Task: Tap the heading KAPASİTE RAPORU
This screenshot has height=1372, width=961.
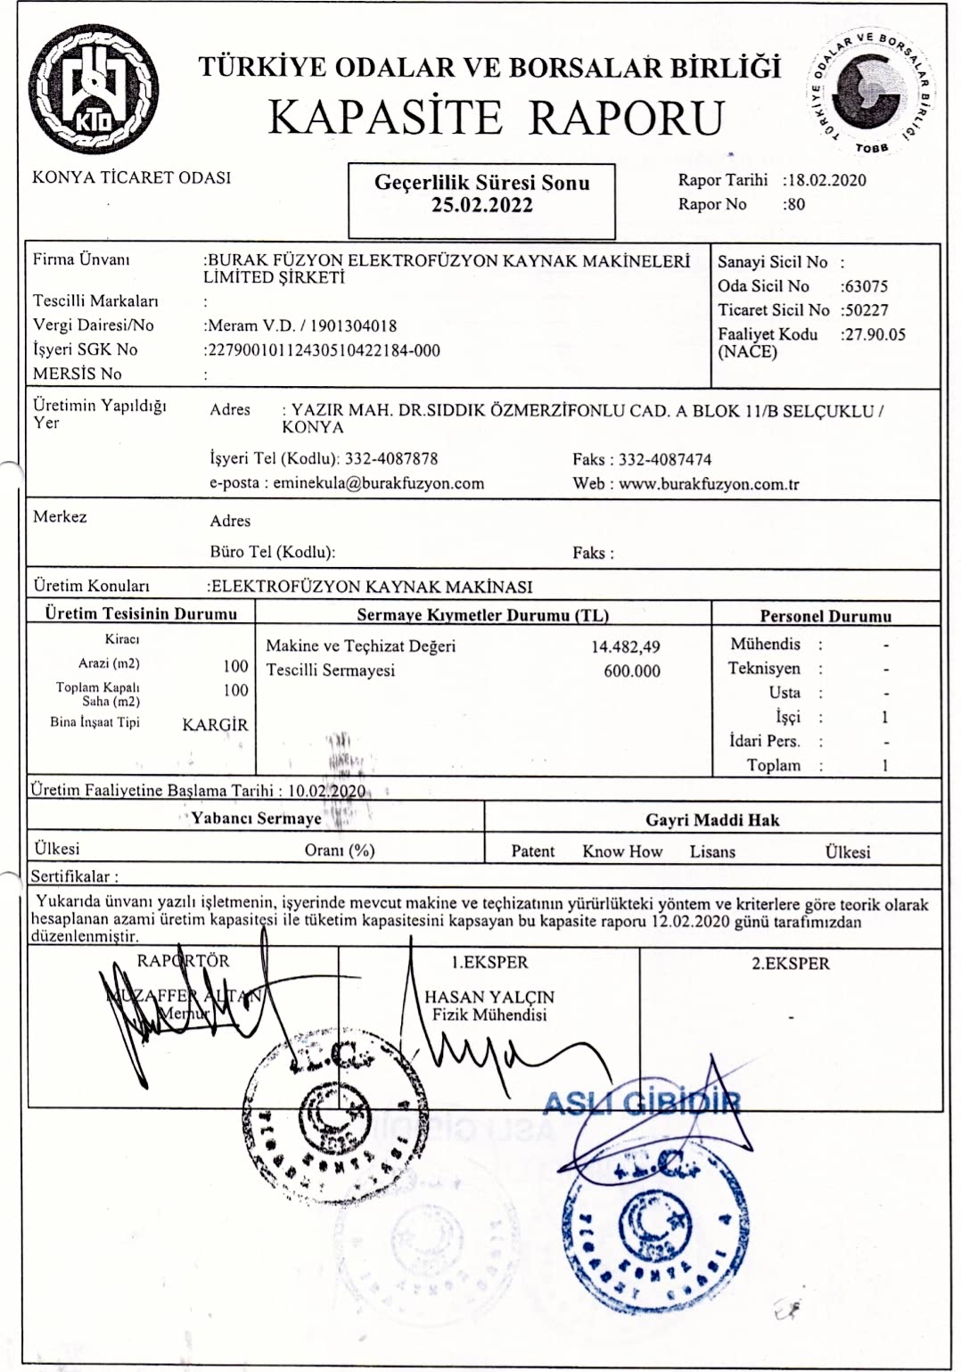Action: [497, 117]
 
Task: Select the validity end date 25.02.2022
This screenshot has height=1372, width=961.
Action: [481, 206]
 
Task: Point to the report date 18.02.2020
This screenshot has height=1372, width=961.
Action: [826, 180]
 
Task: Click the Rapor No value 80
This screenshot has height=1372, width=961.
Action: [795, 204]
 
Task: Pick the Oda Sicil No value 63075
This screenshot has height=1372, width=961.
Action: [866, 286]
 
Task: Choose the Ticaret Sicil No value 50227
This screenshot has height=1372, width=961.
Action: [866, 310]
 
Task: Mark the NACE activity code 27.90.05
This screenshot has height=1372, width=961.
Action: [875, 334]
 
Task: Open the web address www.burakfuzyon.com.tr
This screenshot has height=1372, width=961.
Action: [709, 484]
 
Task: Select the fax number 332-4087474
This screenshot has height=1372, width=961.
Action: [665, 459]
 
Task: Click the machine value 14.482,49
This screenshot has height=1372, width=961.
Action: [626, 646]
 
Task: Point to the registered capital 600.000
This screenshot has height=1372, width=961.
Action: [632, 670]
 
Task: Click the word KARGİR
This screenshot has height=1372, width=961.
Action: [215, 725]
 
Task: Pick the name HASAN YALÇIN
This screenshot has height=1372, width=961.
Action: [489, 997]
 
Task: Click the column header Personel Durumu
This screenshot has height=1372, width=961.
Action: [825, 616]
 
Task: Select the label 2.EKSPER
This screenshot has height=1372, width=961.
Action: [790, 964]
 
